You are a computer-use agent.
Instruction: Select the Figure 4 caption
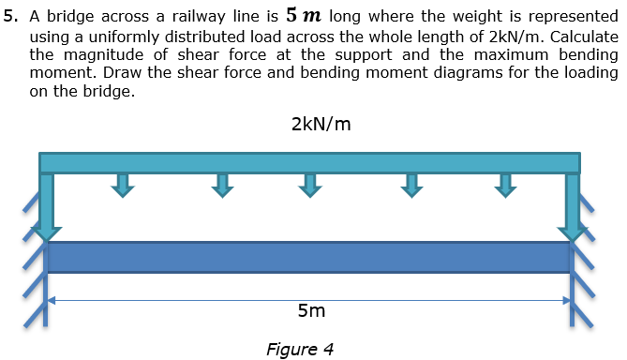click(300, 350)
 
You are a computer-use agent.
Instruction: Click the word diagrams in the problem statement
click(461, 75)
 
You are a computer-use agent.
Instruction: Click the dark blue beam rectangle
click(309, 257)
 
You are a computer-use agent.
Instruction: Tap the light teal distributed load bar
click(309, 162)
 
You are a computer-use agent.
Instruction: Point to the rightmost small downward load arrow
click(505, 185)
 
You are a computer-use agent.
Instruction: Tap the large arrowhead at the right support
click(573, 230)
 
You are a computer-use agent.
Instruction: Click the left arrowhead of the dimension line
click(52, 300)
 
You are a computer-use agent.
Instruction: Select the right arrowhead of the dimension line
click(566, 300)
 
